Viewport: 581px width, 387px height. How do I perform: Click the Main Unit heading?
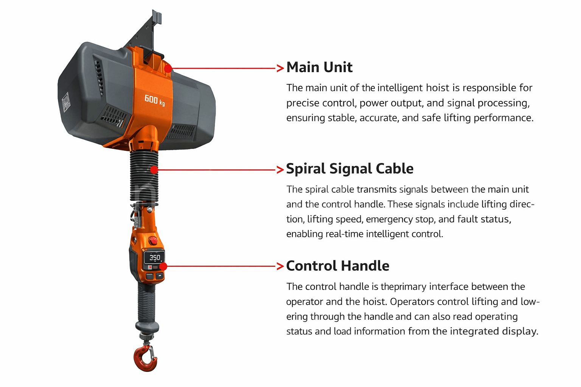tap(319, 67)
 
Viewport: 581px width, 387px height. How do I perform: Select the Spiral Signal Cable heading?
tap(350, 169)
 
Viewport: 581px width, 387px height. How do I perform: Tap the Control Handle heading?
tap(337, 266)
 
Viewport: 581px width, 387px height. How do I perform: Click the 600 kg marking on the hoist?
tap(154, 100)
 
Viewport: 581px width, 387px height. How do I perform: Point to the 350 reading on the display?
tap(155, 257)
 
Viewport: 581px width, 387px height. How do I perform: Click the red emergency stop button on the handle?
tap(153, 240)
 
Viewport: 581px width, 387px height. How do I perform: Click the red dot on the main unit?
tap(168, 68)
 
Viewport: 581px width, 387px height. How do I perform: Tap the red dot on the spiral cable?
tap(154, 170)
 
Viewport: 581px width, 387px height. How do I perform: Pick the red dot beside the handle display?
tap(163, 266)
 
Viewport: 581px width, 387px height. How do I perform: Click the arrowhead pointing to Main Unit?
tap(280, 68)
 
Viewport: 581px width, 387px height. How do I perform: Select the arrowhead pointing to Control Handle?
tap(280, 266)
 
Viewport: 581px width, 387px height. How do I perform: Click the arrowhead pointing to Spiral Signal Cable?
tap(280, 170)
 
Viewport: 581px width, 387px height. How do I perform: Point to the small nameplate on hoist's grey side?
tap(66, 102)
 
